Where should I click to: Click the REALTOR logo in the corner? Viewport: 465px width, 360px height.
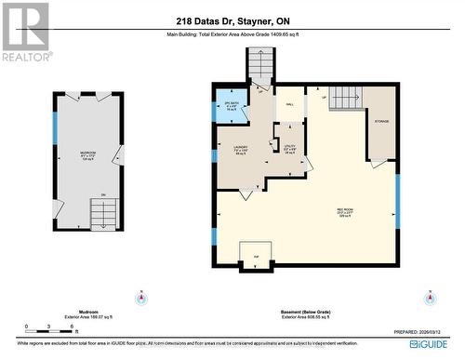coord(25,32)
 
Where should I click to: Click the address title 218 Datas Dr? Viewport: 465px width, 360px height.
coord(232,20)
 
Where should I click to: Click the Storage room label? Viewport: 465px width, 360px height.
coord(382,120)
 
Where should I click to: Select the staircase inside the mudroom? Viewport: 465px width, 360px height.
coord(102,213)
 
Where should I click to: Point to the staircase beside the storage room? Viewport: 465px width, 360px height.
coord(346,97)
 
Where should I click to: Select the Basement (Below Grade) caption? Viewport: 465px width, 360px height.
coord(306,313)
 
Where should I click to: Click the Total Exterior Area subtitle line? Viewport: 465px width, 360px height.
coord(232,36)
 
